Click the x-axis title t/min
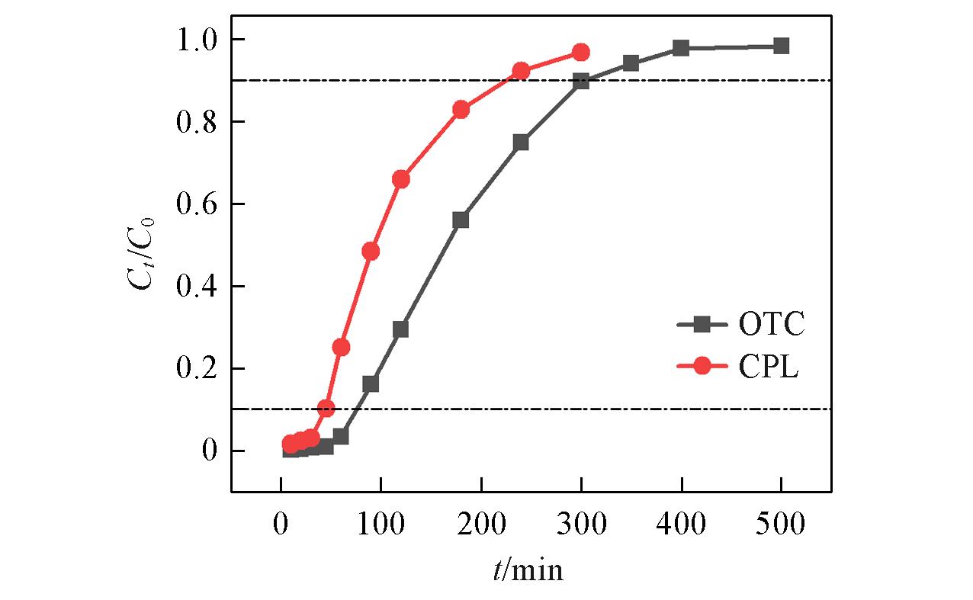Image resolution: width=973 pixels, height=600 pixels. click(528, 569)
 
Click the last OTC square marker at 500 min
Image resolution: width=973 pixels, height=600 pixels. click(781, 46)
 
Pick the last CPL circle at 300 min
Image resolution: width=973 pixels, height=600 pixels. click(581, 53)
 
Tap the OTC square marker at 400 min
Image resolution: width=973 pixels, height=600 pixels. click(681, 48)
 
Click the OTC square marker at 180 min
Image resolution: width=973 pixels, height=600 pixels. click(461, 220)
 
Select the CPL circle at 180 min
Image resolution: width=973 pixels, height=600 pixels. click(461, 109)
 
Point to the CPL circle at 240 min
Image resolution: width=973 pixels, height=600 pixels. click(521, 72)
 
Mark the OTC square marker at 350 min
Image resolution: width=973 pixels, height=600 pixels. click(631, 63)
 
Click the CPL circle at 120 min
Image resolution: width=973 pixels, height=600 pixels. click(400, 179)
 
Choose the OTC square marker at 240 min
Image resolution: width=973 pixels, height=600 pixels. click(521, 143)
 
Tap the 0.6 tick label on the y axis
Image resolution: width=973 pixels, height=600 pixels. click(197, 204)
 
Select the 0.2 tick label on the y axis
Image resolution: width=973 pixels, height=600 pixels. click(197, 369)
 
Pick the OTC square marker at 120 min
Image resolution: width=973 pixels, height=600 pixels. click(400, 329)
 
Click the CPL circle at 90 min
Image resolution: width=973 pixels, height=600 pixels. click(371, 252)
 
